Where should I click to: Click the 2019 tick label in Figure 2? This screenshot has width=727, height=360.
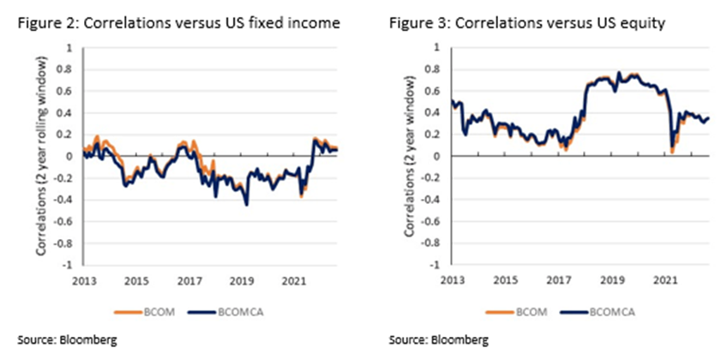(x=238, y=279)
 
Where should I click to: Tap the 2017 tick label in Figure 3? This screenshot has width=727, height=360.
(x=558, y=279)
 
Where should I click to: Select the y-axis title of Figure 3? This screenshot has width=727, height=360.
(x=411, y=156)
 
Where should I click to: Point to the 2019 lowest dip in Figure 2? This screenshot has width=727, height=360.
(x=247, y=205)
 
